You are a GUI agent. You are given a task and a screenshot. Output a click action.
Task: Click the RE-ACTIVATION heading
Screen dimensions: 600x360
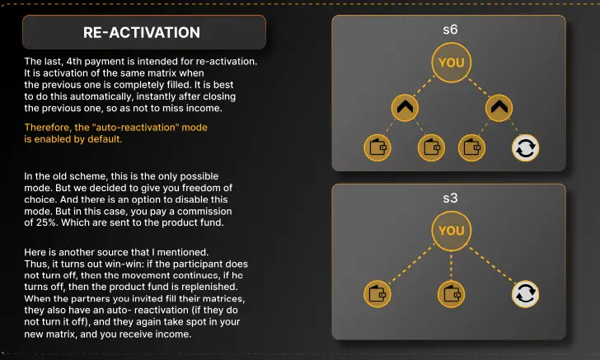pos(142,32)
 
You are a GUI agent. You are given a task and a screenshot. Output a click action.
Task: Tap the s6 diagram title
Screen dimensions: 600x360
pos(450,30)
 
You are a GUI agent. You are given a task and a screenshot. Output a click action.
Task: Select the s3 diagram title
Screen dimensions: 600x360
pos(450,198)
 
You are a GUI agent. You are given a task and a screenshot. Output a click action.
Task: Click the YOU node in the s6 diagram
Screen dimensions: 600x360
pos(451,63)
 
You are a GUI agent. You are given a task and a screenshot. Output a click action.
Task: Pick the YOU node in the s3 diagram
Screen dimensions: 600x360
pos(451,231)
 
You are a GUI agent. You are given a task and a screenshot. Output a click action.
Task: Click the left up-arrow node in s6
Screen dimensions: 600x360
pos(405,108)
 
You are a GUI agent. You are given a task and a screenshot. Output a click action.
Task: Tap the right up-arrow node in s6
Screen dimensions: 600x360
pos(499,108)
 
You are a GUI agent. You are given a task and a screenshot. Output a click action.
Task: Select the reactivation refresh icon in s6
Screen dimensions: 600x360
pos(525,147)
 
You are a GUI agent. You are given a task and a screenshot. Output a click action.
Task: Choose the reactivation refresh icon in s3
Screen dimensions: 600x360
pos(525,294)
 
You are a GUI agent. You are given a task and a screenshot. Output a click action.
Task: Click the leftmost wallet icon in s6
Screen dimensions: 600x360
pos(377,147)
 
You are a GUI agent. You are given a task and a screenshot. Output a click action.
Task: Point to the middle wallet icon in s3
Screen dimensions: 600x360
pos(451,294)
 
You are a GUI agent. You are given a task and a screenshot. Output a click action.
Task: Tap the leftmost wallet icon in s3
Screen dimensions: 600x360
pos(377,294)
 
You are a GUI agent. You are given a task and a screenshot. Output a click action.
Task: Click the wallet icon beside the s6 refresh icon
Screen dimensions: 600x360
pos(471,147)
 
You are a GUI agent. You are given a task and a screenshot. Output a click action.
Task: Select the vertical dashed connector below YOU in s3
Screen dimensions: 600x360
pos(451,265)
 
